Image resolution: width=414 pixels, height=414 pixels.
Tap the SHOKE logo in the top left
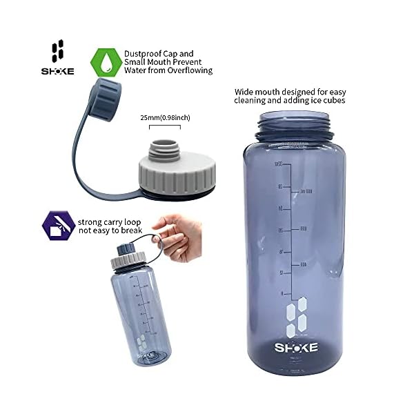(58, 57)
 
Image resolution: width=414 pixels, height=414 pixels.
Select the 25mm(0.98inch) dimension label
(165, 118)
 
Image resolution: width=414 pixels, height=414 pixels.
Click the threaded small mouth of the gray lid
(165, 147)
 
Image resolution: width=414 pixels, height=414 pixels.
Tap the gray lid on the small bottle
(128, 260)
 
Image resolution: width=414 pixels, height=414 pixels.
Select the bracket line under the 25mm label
(165, 126)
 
